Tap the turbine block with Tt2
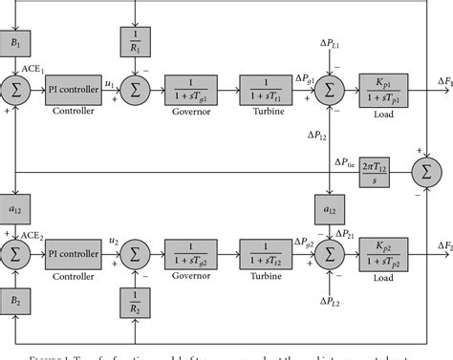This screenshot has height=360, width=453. tap(267, 254)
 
